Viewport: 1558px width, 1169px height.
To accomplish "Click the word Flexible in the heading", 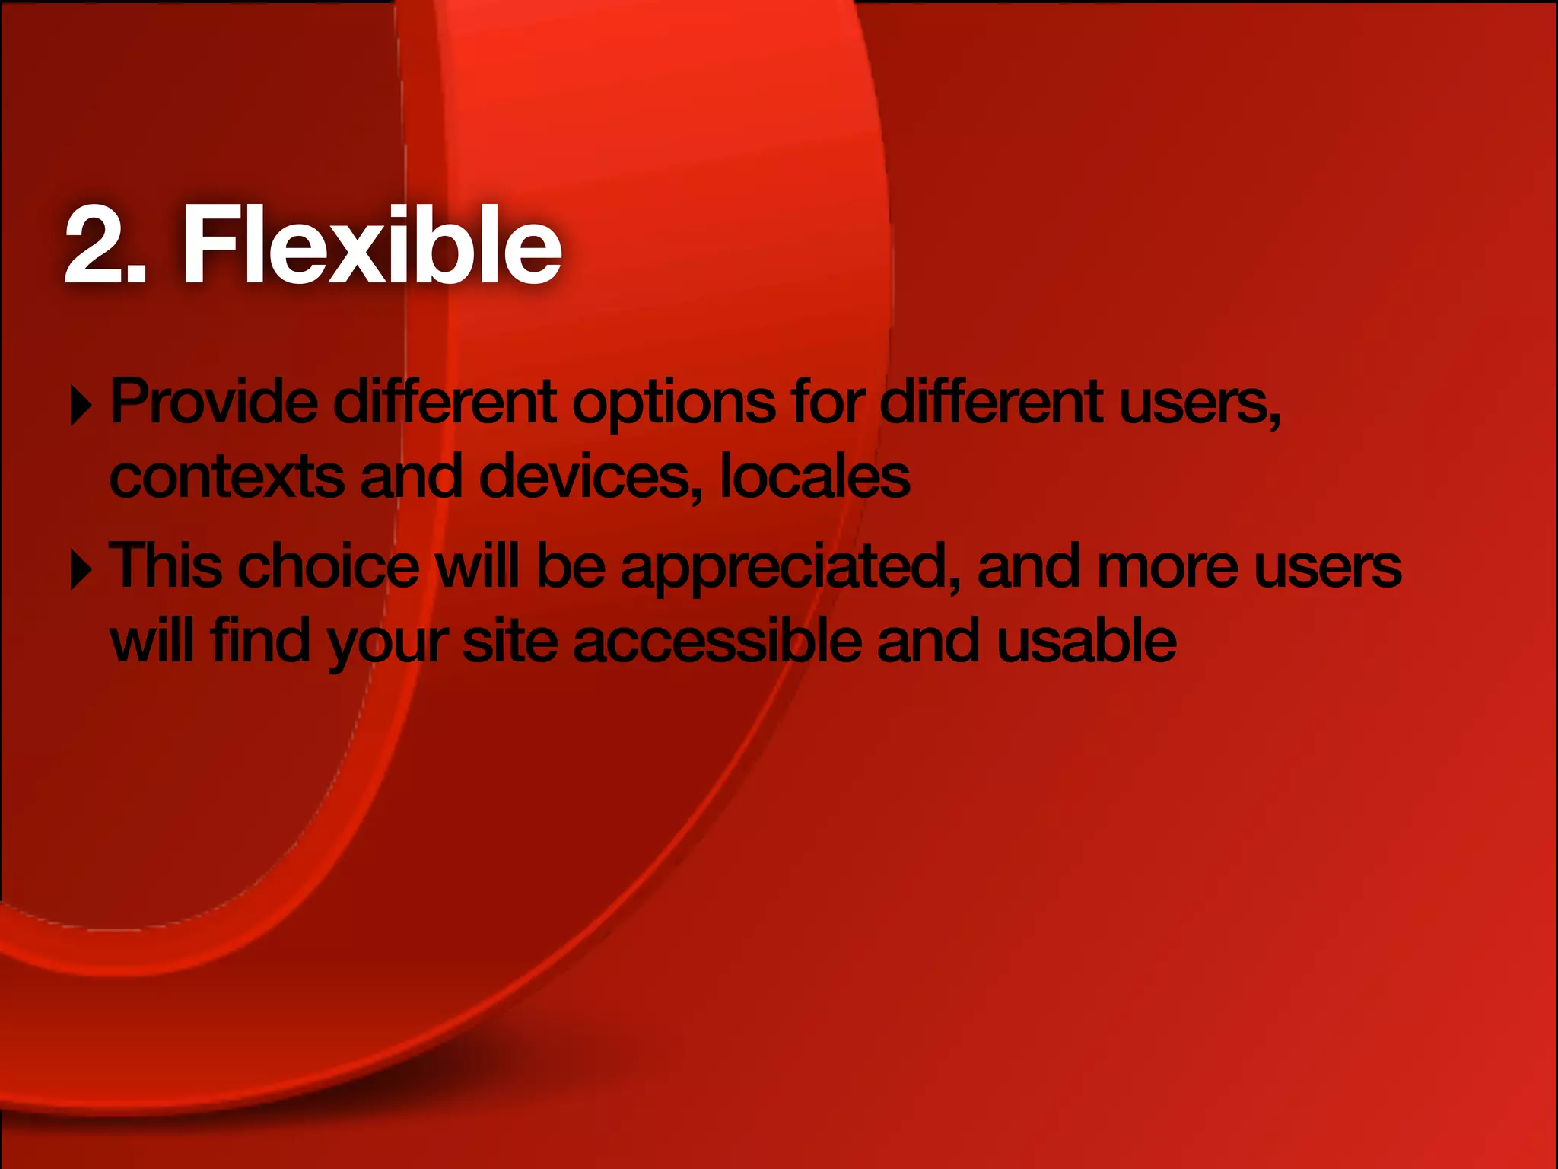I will (x=371, y=245).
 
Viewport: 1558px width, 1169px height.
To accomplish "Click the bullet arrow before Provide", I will (x=81, y=405).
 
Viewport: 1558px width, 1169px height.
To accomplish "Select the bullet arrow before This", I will (x=81, y=570).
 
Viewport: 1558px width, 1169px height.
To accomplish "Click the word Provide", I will (x=214, y=402).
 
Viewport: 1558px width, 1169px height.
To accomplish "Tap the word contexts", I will (x=226, y=477).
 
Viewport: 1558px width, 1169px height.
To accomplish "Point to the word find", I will (x=260, y=640).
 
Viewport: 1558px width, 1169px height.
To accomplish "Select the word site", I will (x=510, y=640).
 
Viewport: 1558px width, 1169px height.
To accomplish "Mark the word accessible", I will (x=717, y=640).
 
